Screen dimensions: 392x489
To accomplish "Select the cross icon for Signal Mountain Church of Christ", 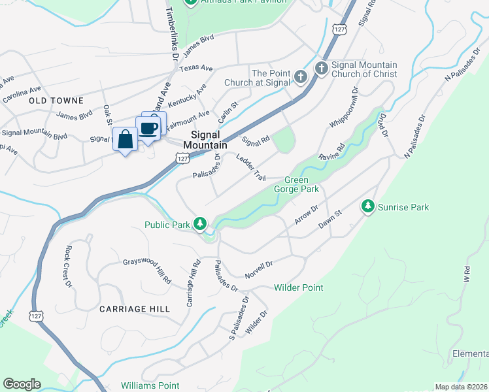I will pos(321,68).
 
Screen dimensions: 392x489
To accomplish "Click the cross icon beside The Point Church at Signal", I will pos(300,78).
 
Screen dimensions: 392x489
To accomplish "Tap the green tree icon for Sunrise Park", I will pos(368,206).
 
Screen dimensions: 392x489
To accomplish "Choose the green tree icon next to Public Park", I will pos(200,225).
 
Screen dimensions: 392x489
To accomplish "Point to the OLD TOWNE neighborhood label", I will pos(56,101).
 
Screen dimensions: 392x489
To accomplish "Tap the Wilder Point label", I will pos(299,287).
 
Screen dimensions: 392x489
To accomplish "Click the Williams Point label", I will pos(150,386).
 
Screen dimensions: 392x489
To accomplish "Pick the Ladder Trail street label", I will pos(251,168).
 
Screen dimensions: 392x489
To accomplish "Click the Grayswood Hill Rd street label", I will pos(147,272).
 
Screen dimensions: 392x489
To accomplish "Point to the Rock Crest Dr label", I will pos(67,266).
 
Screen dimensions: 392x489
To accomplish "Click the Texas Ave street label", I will pos(196,68).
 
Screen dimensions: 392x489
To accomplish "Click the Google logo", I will pos(22,384).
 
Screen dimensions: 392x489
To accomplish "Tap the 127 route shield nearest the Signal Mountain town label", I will pos(183,157).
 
